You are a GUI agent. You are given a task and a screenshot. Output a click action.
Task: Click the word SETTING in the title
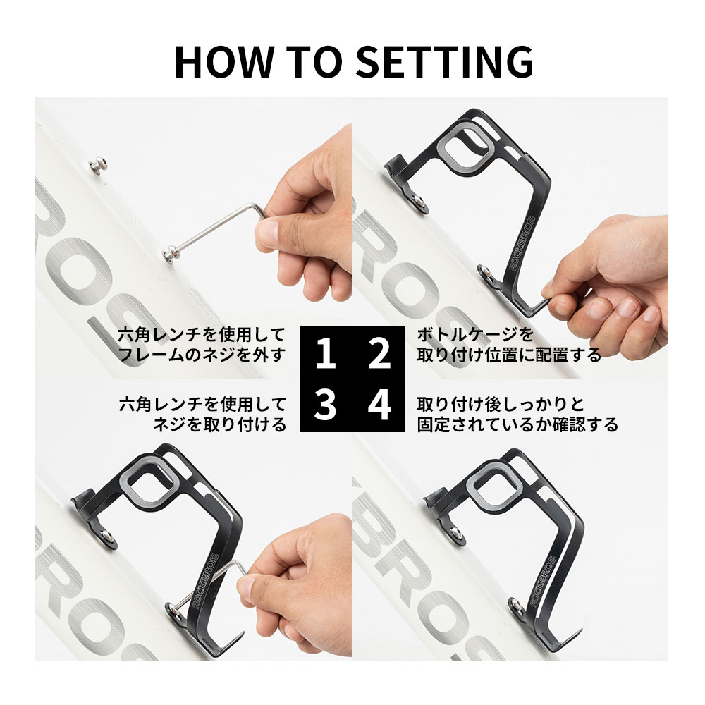[x=445, y=61]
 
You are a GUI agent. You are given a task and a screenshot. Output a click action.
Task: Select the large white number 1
[x=326, y=353]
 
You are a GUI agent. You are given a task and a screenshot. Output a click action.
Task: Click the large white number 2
[x=379, y=353]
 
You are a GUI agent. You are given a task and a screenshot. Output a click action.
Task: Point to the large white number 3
[x=325, y=405]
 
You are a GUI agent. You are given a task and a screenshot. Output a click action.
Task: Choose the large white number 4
[x=379, y=405]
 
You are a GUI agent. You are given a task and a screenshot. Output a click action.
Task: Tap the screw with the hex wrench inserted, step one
[x=170, y=255]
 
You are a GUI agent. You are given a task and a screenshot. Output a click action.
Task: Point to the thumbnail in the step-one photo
[x=268, y=233]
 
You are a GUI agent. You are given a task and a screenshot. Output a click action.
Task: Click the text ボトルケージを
[x=476, y=334]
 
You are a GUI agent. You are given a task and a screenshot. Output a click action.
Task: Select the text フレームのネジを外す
[x=202, y=355]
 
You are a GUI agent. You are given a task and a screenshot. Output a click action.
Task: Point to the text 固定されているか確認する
[x=517, y=424]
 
